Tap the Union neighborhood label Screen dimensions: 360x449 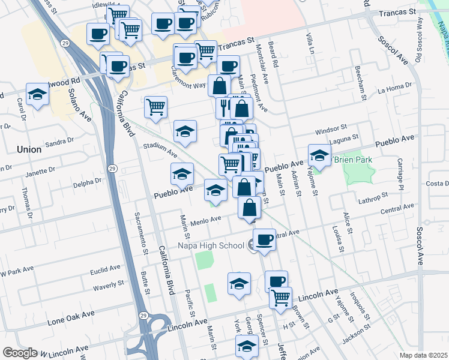point(29,149)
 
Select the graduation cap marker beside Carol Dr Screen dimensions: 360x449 point(37,94)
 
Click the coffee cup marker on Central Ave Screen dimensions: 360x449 point(264,241)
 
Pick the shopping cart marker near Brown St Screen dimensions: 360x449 point(280,297)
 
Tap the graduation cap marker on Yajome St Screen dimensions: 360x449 point(319,155)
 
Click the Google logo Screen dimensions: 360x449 point(20,353)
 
